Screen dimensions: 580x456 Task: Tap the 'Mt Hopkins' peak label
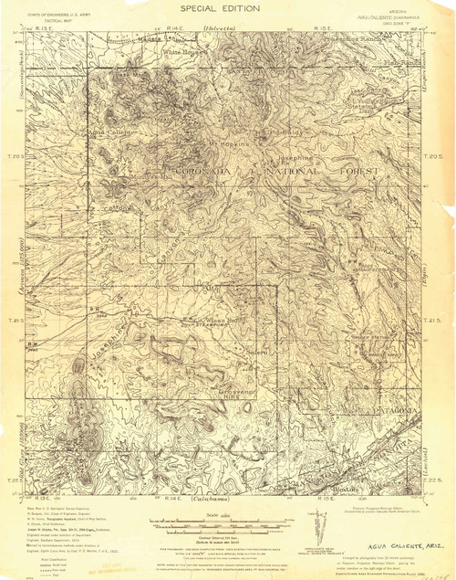point(228,143)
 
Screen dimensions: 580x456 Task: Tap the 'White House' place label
point(181,52)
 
